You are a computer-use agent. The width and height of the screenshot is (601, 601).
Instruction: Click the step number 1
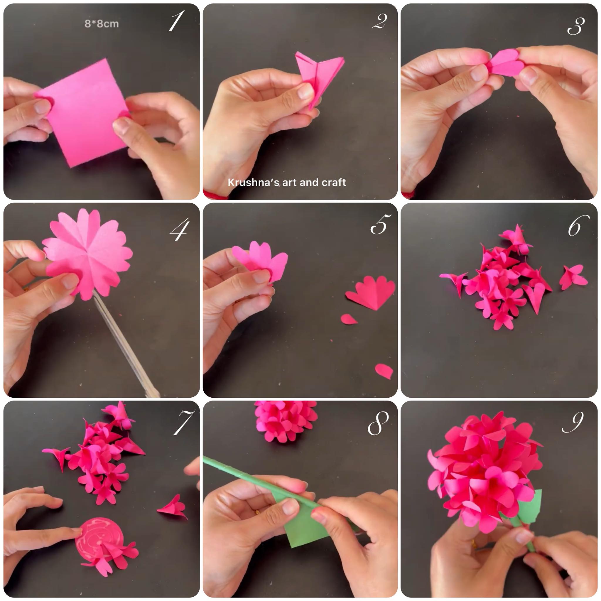176,21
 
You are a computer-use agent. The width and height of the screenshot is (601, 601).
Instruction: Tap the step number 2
379,21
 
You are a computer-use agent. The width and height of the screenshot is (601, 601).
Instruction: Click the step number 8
378,423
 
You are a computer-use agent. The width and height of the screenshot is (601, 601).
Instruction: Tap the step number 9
573,422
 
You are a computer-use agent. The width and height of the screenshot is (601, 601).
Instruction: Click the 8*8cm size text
102,24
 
